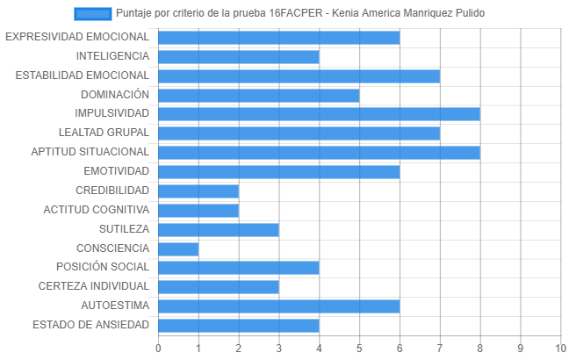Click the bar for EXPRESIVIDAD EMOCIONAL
pos(279,38)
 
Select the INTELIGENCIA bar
pos(239,57)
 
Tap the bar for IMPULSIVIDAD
pos(320,114)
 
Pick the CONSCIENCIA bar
pos(178,249)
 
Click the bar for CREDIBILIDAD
pos(198,191)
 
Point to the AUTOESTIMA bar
pos(279,306)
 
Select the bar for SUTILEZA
pos(219,230)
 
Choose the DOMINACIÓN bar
pos(259,96)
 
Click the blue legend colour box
pos(92,14)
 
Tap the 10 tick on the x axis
pos(560,349)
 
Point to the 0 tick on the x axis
pos(158,349)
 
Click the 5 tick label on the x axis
pos(359,349)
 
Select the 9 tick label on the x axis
pos(521,349)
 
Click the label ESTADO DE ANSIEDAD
pos(90,324)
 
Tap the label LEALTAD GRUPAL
pos(104,133)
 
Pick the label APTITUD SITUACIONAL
pos(90,152)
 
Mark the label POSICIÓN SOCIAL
pos(103,267)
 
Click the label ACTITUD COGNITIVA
pos(97,209)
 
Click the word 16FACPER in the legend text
pos(296,13)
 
